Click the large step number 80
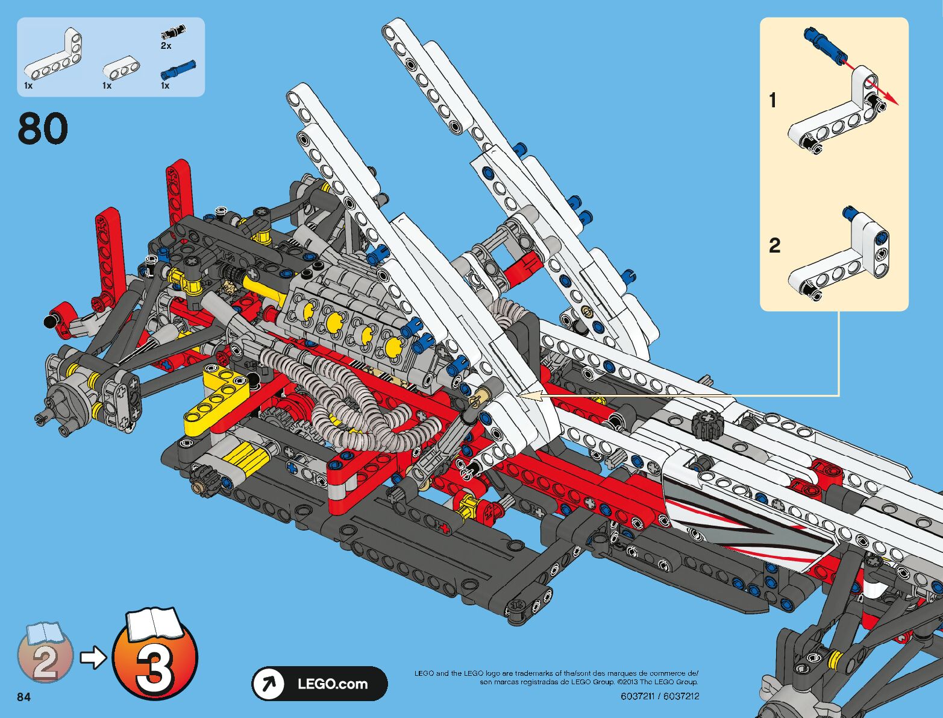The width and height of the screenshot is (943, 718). point(43,129)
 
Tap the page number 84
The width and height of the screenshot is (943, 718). point(24,698)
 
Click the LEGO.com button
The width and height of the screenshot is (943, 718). point(319,684)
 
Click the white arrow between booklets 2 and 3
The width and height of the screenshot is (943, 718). point(93,658)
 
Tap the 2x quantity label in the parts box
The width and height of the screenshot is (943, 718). point(166,46)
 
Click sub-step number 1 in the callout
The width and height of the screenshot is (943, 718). point(773,100)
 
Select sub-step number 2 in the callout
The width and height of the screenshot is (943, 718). point(774,245)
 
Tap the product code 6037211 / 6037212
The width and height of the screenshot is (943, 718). point(660,696)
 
